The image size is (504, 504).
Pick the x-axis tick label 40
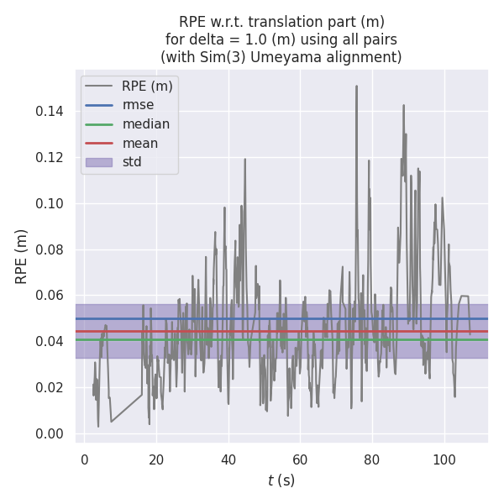[228, 459]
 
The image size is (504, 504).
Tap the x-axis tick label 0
[85, 459]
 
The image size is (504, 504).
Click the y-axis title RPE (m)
[22, 256]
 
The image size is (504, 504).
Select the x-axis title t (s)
[281, 481]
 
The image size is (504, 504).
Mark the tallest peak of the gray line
[356, 86]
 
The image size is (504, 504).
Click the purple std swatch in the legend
[98, 161]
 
